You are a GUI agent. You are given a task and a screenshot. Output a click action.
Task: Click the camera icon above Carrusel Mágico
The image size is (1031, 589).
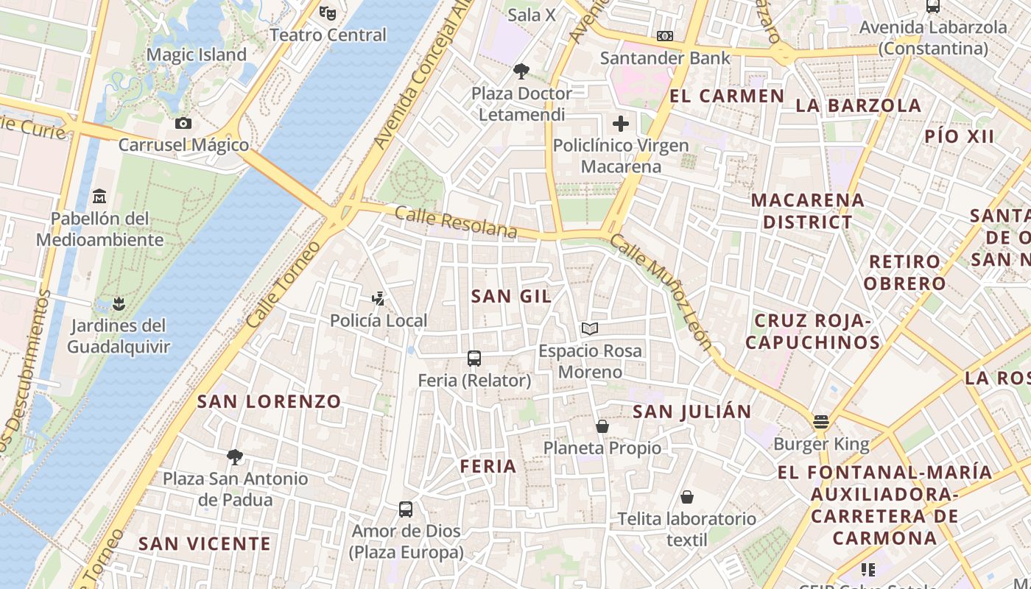pos(183,123)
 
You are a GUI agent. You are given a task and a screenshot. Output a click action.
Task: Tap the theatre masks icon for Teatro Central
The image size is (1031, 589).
pos(328,13)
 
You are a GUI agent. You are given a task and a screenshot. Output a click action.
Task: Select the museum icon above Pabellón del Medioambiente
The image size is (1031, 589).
pos(99,197)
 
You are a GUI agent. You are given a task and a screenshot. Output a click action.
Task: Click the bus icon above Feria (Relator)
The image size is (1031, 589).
pos(474,359)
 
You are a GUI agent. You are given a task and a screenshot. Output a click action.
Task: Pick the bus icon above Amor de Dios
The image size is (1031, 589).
pos(406,509)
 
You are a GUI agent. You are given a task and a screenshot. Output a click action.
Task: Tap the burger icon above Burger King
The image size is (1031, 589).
pos(821,422)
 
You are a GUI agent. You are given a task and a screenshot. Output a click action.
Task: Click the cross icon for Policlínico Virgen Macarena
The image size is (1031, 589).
pos(621,123)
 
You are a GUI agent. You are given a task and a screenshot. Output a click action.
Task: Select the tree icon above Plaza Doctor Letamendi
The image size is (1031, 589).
pos(521,71)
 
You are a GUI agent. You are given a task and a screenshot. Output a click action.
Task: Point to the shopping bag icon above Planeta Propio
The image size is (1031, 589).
pos(602,426)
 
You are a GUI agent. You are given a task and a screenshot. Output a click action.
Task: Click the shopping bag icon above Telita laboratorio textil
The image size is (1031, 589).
pos(687,497)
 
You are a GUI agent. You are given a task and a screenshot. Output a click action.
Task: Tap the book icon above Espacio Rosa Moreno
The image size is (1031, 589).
pos(589,328)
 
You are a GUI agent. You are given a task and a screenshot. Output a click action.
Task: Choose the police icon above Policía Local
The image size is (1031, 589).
pos(379,298)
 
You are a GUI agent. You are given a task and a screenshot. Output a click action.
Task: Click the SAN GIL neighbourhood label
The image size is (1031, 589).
pos(511,296)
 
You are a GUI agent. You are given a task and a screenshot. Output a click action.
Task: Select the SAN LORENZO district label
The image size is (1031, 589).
pos(269,401)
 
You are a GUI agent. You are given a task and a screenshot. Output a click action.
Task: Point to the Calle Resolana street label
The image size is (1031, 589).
pos(456,222)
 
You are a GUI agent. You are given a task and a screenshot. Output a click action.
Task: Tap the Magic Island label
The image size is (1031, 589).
pos(197,54)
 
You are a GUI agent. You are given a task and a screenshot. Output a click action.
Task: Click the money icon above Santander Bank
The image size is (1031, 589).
pos(665,36)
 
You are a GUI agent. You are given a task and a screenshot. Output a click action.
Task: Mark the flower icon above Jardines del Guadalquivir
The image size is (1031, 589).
pos(118,303)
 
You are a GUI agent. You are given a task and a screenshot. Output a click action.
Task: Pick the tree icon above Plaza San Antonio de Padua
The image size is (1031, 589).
pos(235,457)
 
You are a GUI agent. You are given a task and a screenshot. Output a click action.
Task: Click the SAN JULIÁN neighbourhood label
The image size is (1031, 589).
pos(692,412)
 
